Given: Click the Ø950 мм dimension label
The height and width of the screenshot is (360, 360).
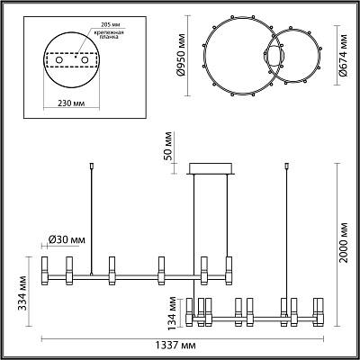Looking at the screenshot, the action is [181, 56].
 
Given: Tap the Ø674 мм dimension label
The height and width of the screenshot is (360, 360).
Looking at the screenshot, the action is [344, 56].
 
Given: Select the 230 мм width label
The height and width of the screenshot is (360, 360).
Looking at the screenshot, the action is [71, 103].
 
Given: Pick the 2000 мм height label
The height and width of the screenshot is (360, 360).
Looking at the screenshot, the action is [344, 243].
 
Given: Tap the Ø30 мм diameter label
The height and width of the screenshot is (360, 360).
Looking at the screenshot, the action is [67, 239].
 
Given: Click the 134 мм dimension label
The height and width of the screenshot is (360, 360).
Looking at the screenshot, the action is [172, 313].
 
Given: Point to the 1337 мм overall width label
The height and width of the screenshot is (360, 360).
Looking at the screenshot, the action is [175, 346].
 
